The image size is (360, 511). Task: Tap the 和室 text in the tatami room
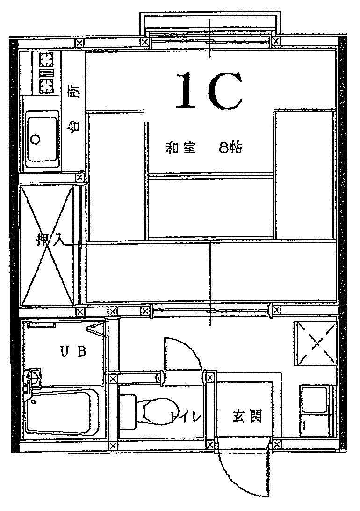coord(181,148)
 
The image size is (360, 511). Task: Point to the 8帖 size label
coord(230,148)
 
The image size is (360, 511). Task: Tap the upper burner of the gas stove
coord(46,59)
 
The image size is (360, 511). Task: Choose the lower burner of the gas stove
coord(46,85)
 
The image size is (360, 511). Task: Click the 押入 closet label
coord(47,241)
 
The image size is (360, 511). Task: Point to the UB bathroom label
coord(73,351)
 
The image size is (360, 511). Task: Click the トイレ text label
coord(186,417)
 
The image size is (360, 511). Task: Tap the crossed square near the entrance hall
coord(315,343)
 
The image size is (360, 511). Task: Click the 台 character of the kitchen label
coord(74,125)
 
